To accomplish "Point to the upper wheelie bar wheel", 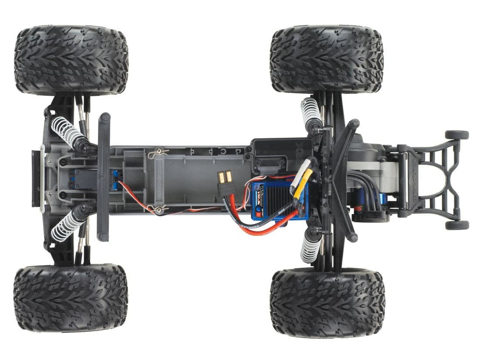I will point(457,135).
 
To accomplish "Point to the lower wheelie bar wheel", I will point(457,225).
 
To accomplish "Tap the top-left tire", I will point(71,60).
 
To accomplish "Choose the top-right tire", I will point(327,59).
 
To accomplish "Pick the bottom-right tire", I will point(327,302).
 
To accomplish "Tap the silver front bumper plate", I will point(42,179).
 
